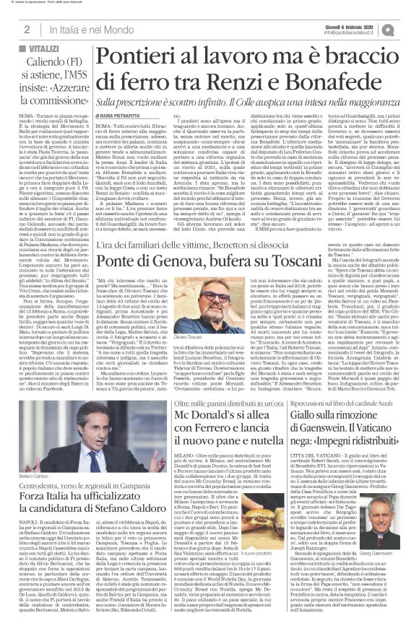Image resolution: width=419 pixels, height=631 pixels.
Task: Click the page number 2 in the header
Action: tap(26, 29)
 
